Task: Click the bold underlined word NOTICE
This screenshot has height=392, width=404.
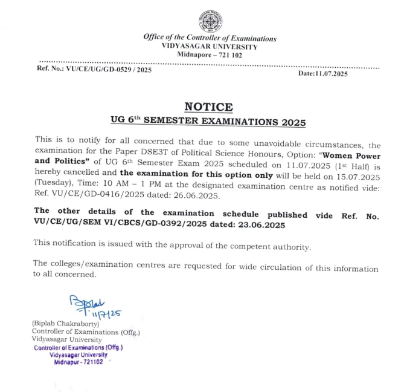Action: point(208,107)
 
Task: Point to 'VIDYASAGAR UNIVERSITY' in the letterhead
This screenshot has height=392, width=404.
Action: point(210,47)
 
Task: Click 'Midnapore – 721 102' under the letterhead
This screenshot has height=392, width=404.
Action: point(210,54)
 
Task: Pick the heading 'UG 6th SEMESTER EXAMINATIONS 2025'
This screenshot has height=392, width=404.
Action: point(208,122)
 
